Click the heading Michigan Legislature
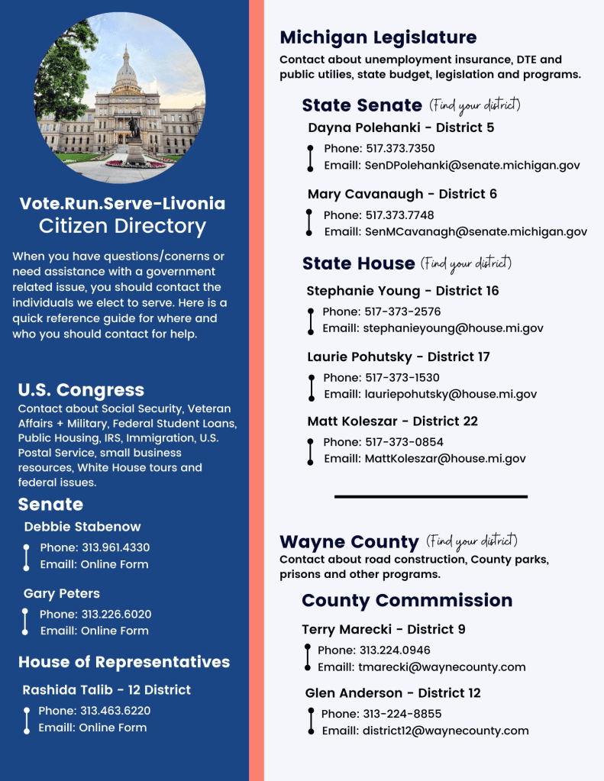[378, 37]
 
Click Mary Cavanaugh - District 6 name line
[402, 194]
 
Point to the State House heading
[358, 263]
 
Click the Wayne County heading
[349, 542]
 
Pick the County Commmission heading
[407, 600]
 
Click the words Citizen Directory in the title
[122, 226]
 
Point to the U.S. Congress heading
[81, 390]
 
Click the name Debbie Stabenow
[82, 527]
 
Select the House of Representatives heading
[124, 662]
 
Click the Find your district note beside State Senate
[475, 105]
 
